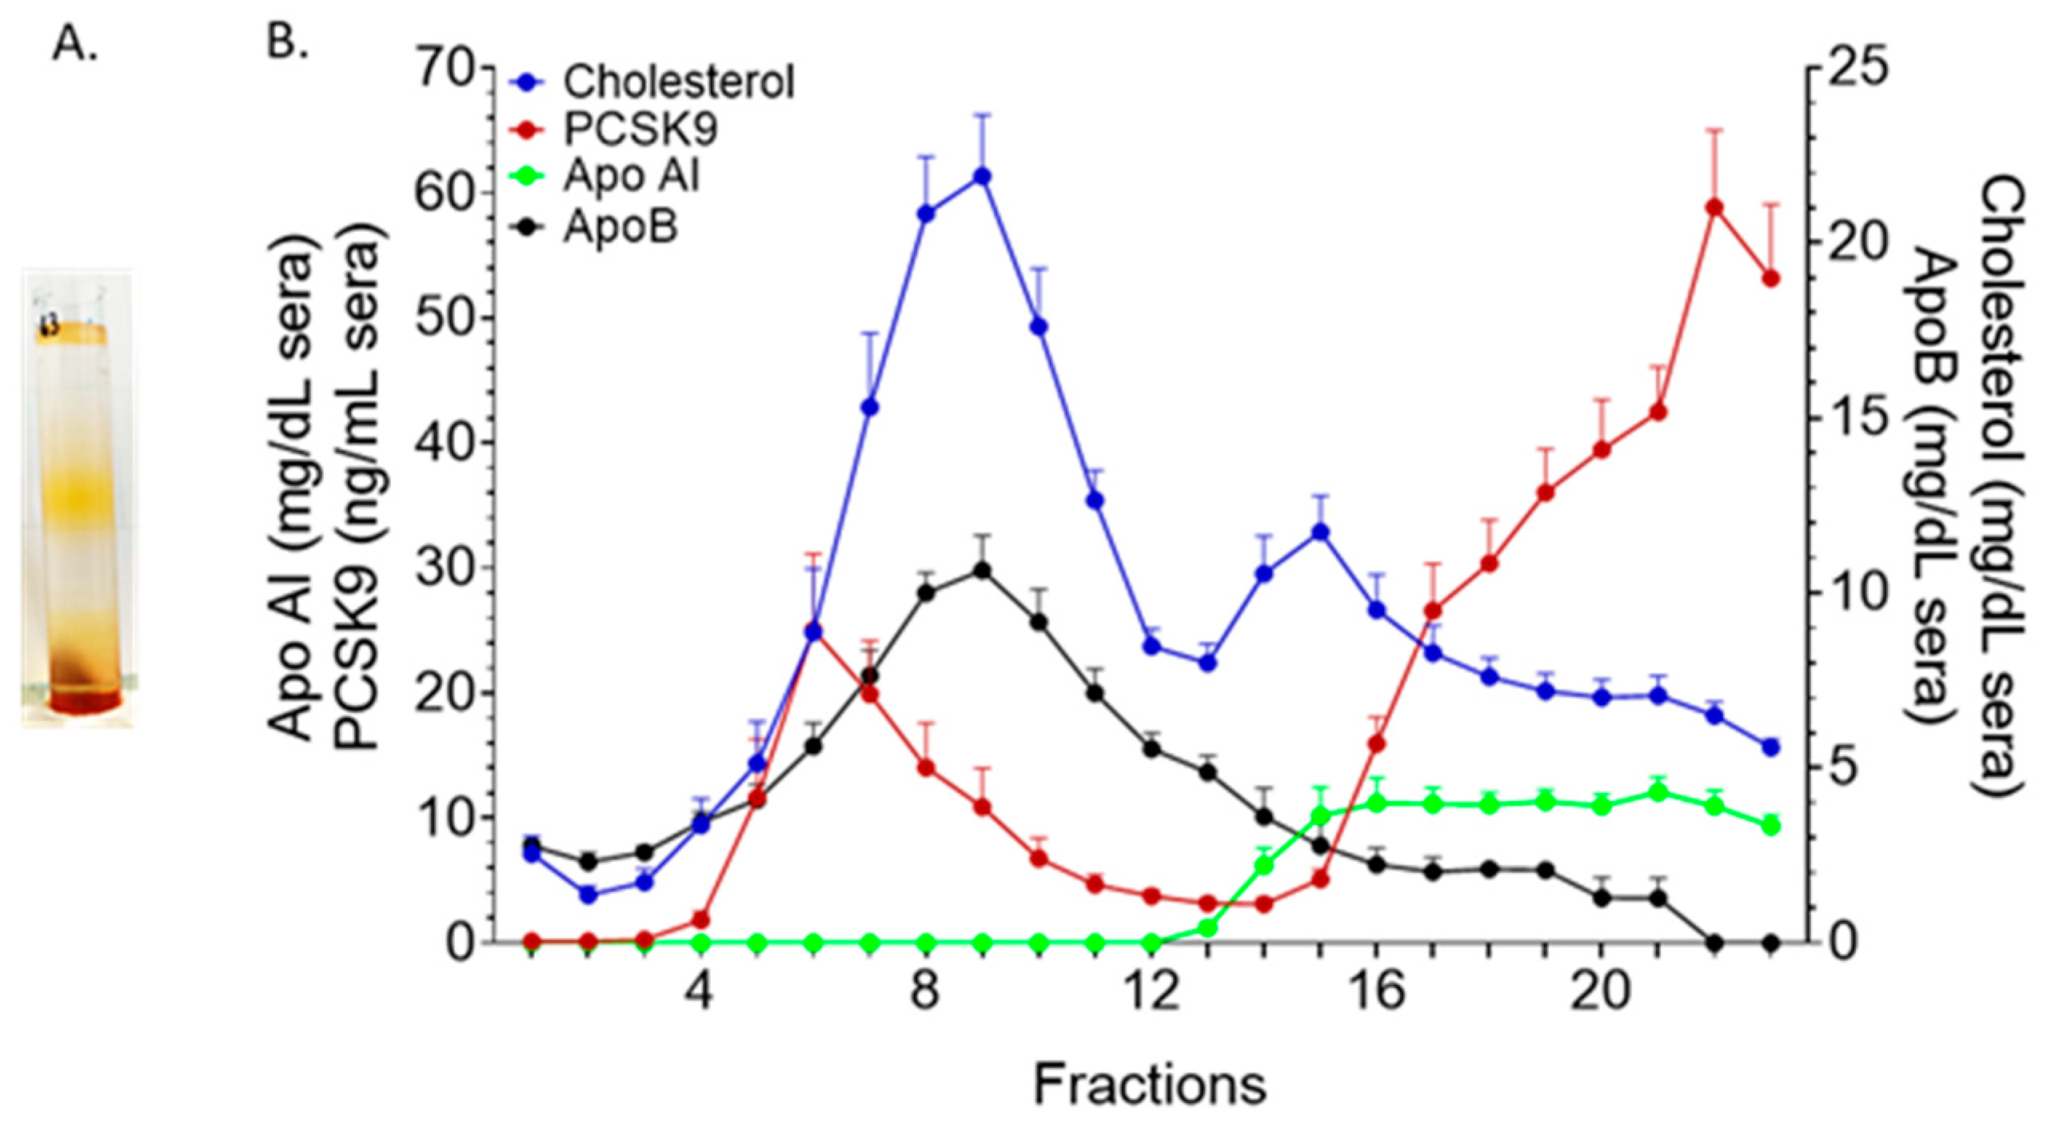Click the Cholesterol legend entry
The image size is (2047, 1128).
[678, 82]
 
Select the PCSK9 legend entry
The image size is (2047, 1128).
[640, 129]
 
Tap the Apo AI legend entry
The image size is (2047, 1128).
[630, 176]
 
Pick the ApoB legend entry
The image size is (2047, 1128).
[620, 227]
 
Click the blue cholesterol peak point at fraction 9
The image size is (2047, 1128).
[983, 176]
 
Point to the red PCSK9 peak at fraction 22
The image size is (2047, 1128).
[1714, 207]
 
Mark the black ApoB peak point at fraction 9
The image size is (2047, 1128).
[983, 570]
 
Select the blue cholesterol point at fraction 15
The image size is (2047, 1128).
[1320, 532]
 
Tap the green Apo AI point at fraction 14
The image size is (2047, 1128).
[1264, 865]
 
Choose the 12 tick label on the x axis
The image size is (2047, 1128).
[1152, 992]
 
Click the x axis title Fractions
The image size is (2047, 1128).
[1150, 1085]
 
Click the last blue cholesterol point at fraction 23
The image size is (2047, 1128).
[1770, 747]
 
